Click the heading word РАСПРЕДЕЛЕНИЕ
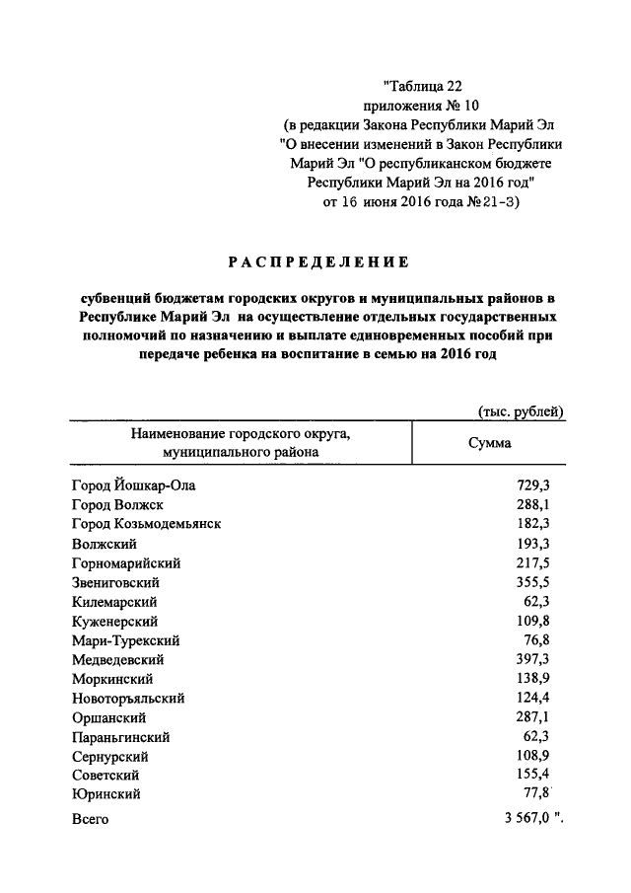click(x=318, y=262)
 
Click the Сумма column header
click(x=489, y=443)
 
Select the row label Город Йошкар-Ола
click(x=134, y=485)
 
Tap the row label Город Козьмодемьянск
click(x=146, y=524)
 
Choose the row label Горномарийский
click(x=126, y=562)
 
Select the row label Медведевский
click(x=118, y=659)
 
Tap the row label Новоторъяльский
click(x=128, y=698)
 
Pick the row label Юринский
click(x=105, y=793)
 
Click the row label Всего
click(x=90, y=820)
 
